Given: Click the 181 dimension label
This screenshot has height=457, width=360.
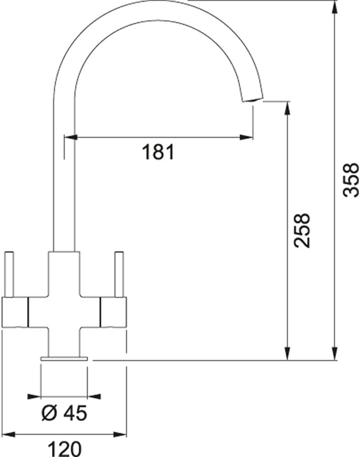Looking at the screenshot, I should pyautogui.click(x=158, y=152).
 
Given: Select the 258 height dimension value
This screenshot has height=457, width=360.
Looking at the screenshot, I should pyautogui.click(x=302, y=231).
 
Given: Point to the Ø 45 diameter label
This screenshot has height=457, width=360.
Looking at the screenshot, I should pyautogui.click(x=64, y=412).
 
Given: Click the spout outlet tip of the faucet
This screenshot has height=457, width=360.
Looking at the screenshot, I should pyautogui.click(x=253, y=100).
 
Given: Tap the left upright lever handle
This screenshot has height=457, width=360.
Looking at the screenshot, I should pyautogui.click(x=9, y=274).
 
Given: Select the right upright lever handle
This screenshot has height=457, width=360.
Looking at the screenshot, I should pyautogui.click(x=118, y=274).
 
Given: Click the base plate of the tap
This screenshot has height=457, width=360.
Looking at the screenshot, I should pyautogui.click(x=64, y=359).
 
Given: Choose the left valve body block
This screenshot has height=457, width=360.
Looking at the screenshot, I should pyautogui.click(x=14, y=311).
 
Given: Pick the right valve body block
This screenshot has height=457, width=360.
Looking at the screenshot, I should pyautogui.click(x=113, y=311).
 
